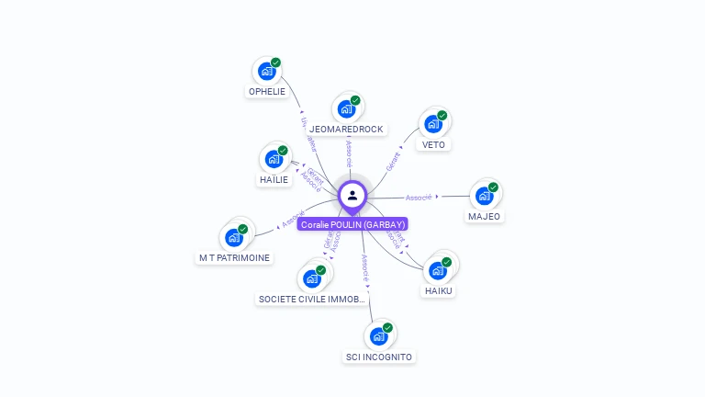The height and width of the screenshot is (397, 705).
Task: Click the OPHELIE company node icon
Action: [267, 71]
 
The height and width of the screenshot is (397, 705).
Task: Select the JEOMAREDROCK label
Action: [346, 129]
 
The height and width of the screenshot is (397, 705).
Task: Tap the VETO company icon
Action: [433, 123]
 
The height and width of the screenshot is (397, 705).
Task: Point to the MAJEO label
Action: [484, 217]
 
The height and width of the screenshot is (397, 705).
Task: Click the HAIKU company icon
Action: [438, 270]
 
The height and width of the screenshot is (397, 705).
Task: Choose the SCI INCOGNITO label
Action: [379, 357]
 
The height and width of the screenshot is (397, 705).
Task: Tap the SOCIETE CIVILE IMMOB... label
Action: [312, 299]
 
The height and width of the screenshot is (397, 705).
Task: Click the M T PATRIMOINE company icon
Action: [234, 237]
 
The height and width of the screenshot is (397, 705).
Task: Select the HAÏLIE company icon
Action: [274, 159]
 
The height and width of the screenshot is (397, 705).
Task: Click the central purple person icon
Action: [352, 195]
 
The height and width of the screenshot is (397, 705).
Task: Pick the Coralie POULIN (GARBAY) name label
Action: [352, 224]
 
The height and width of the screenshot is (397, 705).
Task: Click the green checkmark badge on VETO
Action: [442, 116]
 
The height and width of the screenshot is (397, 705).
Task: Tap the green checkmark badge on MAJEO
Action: [493, 187]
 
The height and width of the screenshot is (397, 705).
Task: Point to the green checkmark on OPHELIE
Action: [276, 62]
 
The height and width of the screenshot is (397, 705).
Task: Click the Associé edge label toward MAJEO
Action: [419, 197]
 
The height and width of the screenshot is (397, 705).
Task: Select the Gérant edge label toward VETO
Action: [394, 162]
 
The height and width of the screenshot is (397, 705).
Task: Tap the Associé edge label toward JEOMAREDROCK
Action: [349, 152]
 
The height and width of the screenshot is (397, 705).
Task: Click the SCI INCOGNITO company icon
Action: [379, 335]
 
